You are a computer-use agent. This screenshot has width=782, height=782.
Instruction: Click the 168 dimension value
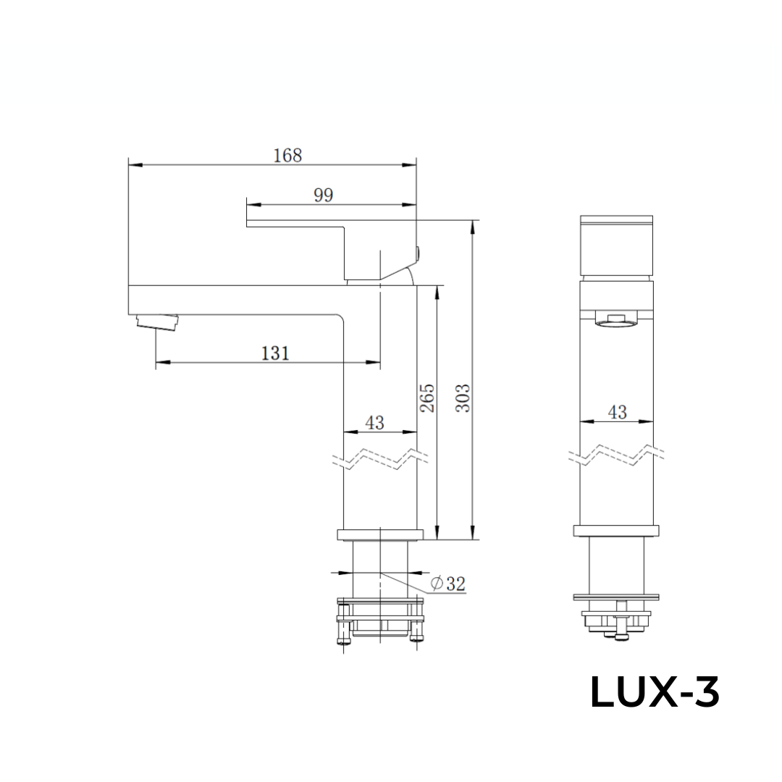287,155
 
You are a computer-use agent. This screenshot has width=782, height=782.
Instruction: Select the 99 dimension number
323,194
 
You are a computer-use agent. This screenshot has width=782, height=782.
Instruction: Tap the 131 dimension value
275,353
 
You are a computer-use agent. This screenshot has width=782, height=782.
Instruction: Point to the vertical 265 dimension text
427,399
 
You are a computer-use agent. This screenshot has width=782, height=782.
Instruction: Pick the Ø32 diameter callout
447,584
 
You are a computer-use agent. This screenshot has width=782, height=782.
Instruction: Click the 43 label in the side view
374,423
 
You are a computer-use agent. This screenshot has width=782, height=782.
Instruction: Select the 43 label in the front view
617,412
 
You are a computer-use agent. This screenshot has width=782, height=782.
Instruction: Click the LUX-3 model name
655,693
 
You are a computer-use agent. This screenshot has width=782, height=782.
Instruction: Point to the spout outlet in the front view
617,320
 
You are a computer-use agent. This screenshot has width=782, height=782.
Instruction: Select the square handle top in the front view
617,246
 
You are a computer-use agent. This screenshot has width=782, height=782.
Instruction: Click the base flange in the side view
379,535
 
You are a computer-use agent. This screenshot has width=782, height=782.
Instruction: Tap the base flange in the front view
617,531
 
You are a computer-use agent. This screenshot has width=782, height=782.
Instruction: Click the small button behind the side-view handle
419,253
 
